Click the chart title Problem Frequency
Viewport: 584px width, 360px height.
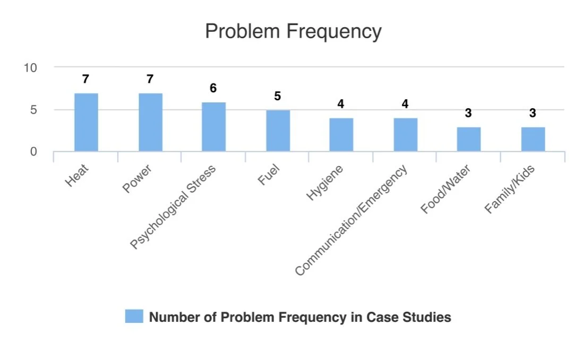tap(294, 32)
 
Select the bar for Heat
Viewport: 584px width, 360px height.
tap(86, 122)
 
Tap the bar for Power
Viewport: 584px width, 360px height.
tap(150, 122)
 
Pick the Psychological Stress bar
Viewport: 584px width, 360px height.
tap(214, 127)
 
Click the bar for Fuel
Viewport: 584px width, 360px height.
tap(278, 131)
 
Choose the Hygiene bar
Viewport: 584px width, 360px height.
tap(341, 135)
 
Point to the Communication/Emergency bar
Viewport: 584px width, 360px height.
tap(406, 135)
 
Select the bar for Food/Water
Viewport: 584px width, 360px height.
tap(469, 139)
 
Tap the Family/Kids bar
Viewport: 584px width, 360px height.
tap(533, 139)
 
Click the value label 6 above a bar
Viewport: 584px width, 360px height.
tap(213, 88)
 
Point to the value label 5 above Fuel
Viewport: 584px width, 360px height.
tap(278, 96)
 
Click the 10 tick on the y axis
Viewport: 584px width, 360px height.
tap(30, 68)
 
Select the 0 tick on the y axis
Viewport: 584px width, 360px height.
tap(33, 152)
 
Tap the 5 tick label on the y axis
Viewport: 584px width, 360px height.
tap(33, 110)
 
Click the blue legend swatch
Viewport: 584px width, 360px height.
tap(134, 316)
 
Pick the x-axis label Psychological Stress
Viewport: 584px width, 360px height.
tap(173, 207)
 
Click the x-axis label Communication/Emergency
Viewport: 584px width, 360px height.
tap(351, 220)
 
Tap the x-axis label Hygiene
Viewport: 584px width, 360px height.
tap(324, 183)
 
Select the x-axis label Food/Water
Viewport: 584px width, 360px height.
tap(445, 190)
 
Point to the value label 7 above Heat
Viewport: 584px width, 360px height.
tap(85, 79)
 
